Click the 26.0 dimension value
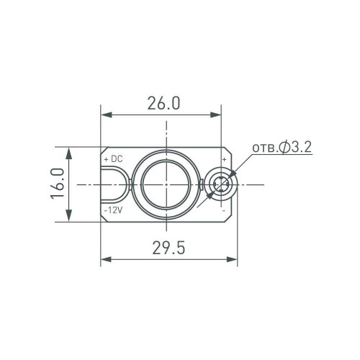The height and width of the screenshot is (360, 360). click(x=163, y=103)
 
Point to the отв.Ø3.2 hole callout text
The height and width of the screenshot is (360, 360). click(x=281, y=148)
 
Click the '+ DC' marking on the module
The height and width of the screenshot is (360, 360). click(x=114, y=158)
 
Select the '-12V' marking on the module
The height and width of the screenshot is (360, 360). click(x=114, y=210)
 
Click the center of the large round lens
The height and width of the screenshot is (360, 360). click(x=166, y=184)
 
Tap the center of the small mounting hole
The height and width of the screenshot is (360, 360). click(x=221, y=184)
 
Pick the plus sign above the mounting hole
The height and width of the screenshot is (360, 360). click(x=224, y=159)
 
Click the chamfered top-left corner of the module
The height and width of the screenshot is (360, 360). click(x=103, y=152)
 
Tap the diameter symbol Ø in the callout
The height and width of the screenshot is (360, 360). click(x=286, y=148)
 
